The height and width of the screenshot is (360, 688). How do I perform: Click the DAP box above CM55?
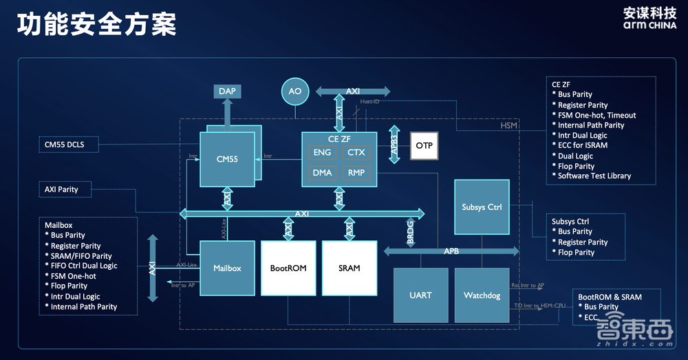tap(228, 92)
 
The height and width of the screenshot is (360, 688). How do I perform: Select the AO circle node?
tap(295, 92)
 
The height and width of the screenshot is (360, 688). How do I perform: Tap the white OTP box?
tap(424, 146)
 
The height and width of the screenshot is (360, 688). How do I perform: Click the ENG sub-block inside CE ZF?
tap(322, 152)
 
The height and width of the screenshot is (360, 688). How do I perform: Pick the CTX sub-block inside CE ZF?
tap(356, 152)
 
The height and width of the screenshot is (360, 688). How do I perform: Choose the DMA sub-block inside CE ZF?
tap(322, 173)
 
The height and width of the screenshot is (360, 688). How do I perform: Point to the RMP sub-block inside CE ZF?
tap(356, 173)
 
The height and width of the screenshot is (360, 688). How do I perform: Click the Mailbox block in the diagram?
tap(227, 268)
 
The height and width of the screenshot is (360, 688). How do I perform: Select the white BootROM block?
tap(288, 268)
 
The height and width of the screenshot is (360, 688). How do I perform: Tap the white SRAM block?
tap(350, 268)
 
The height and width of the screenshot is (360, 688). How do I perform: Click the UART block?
tap(420, 295)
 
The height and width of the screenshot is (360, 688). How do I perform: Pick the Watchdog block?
tap(482, 295)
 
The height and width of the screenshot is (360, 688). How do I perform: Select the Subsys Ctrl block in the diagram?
tap(482, 207)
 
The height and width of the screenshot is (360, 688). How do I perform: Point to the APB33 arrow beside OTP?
tap(394, 145)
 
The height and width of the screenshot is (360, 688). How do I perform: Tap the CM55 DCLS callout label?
tap(69, 145)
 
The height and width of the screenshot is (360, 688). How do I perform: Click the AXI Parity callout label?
tap(62, 189)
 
